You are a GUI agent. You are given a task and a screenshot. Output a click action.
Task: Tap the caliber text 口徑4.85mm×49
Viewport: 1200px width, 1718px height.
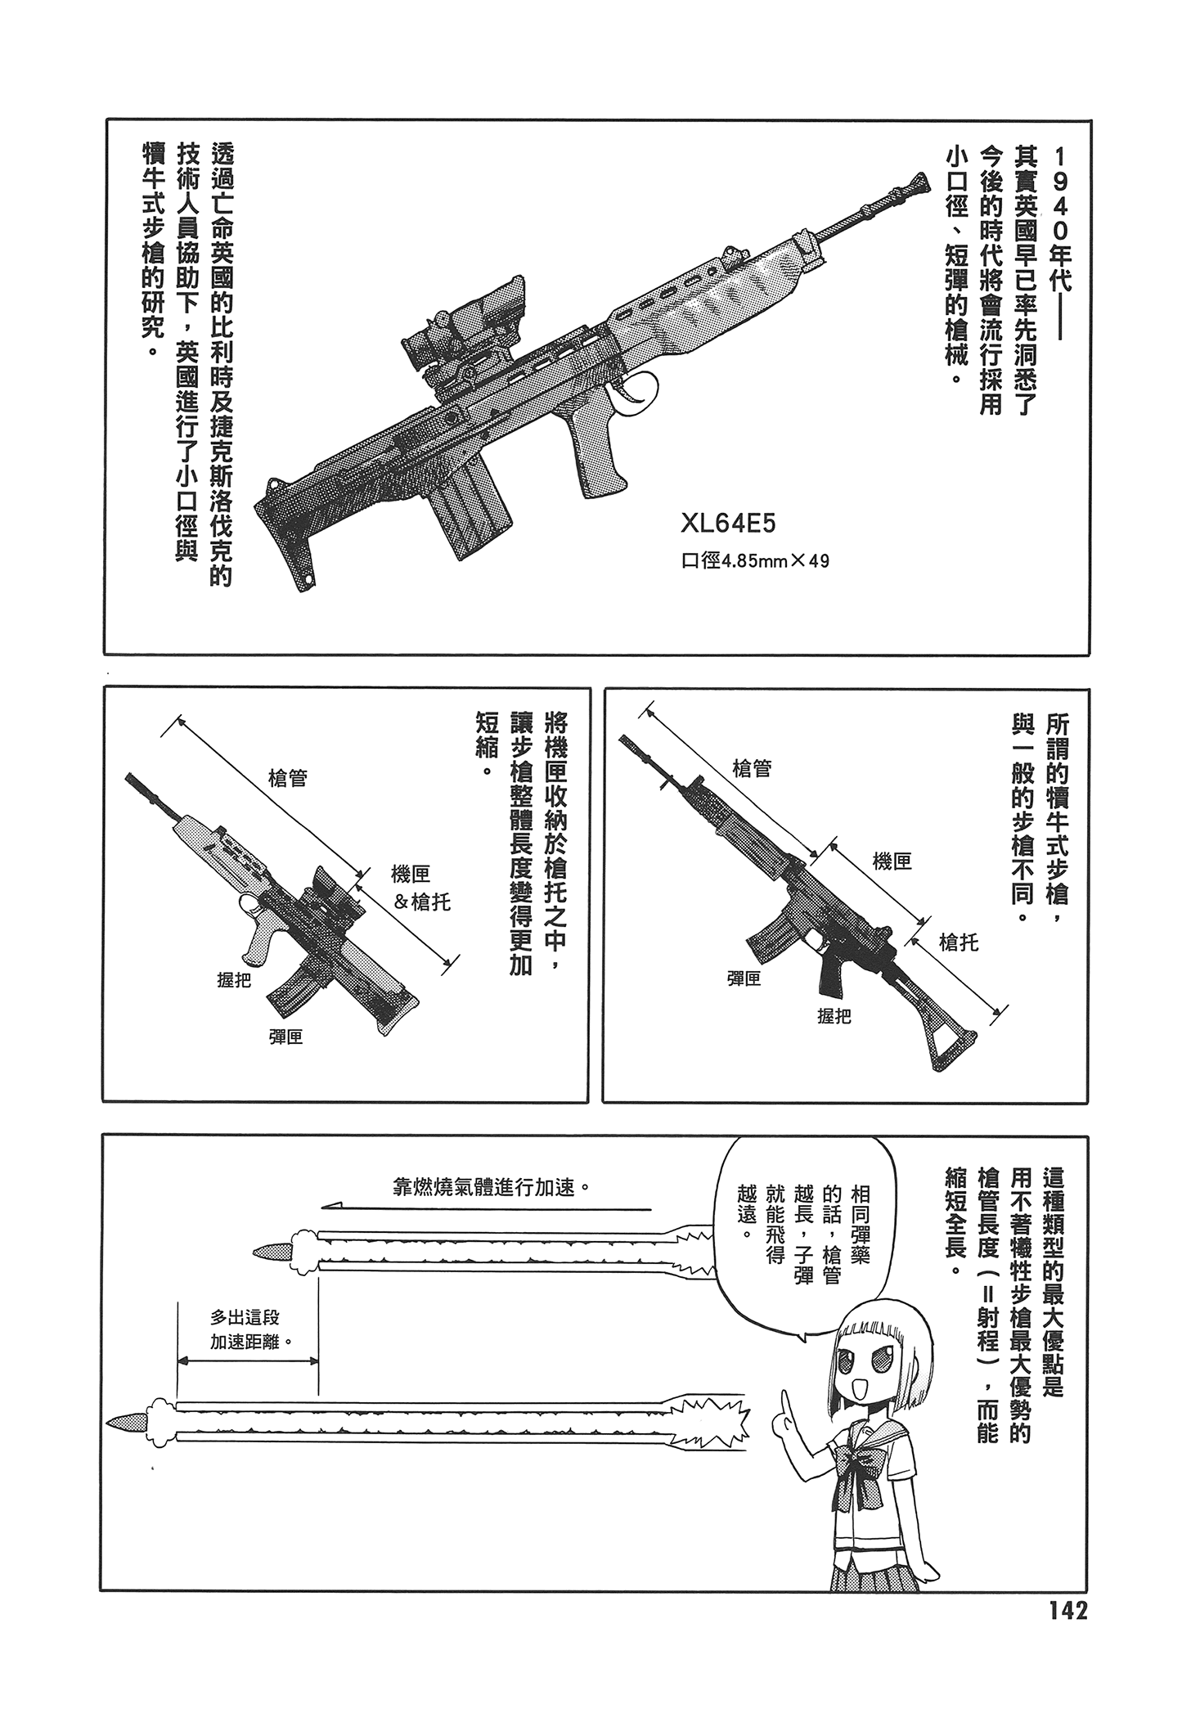pyautogui.click(x=755, y=561)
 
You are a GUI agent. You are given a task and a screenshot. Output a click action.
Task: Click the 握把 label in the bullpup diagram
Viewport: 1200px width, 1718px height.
pyautogui.click(x=234, y=979)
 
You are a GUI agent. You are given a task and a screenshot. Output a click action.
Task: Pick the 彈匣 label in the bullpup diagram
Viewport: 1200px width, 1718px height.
pyautogui.click(x=285, y=1037)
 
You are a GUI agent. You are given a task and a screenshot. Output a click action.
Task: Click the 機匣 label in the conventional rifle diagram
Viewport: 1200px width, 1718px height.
pyautogui.click(x=892, y=861)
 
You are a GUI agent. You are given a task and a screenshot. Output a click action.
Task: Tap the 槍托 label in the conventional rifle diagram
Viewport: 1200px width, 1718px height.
pyautogui.click(x=959, y=942)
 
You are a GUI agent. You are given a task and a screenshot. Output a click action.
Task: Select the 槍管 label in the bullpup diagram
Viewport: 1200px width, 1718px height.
pyautogui.click(x=287, y=778)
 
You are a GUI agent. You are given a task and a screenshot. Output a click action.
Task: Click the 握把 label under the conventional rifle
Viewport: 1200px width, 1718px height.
pyautogui.click(x=834, y=1016)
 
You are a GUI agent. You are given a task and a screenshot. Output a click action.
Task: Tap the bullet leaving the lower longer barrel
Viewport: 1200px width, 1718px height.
pyautogui.click(x=126, y=1422)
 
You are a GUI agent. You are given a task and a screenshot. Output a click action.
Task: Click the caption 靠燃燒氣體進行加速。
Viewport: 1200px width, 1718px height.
pyautogui.click(x=491, y=1187)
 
